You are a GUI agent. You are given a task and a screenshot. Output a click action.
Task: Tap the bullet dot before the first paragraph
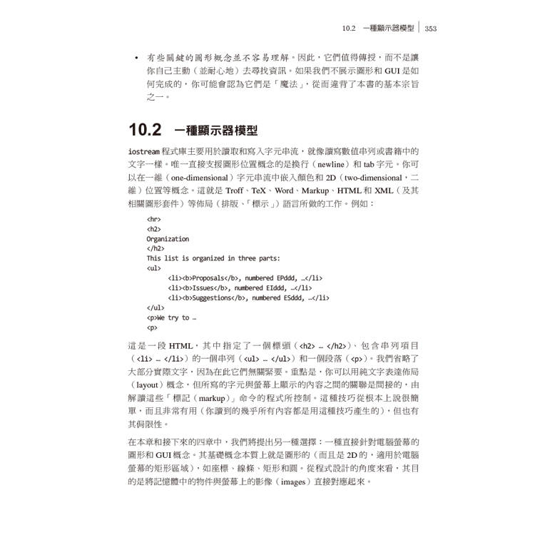(x=136, y=56)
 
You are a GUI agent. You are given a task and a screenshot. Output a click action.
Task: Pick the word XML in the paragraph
(x=384, y=190)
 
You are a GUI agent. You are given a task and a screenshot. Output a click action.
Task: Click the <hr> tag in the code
(x=153, y=220)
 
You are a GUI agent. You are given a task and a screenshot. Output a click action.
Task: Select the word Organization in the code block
(x=168, y=239)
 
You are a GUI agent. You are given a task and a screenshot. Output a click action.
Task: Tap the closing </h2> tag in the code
(x=156, y=249)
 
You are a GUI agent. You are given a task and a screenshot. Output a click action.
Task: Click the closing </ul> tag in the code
(x=156, y=308)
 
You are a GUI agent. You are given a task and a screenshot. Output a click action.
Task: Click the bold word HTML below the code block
(x=181, y=344)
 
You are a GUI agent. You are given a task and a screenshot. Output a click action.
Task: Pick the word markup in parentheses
(x=214, y=398)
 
